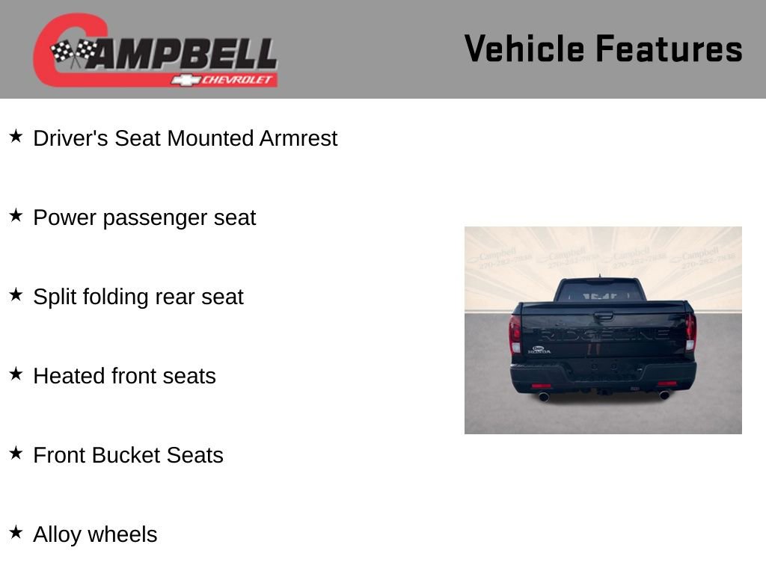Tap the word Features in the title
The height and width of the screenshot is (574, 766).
tap(669, 49)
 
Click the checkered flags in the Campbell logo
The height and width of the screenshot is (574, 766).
tap(73, 52)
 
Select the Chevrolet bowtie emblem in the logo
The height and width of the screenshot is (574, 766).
tap(184, 79)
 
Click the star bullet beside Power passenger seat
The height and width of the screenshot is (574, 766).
tap(16, 216)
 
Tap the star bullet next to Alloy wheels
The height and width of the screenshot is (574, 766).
tap(16, 533)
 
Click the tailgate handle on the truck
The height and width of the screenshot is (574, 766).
tap(603, 315)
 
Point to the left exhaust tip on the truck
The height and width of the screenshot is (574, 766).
tap(544, 396)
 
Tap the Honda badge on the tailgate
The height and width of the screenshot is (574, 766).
tap(540, 349)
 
